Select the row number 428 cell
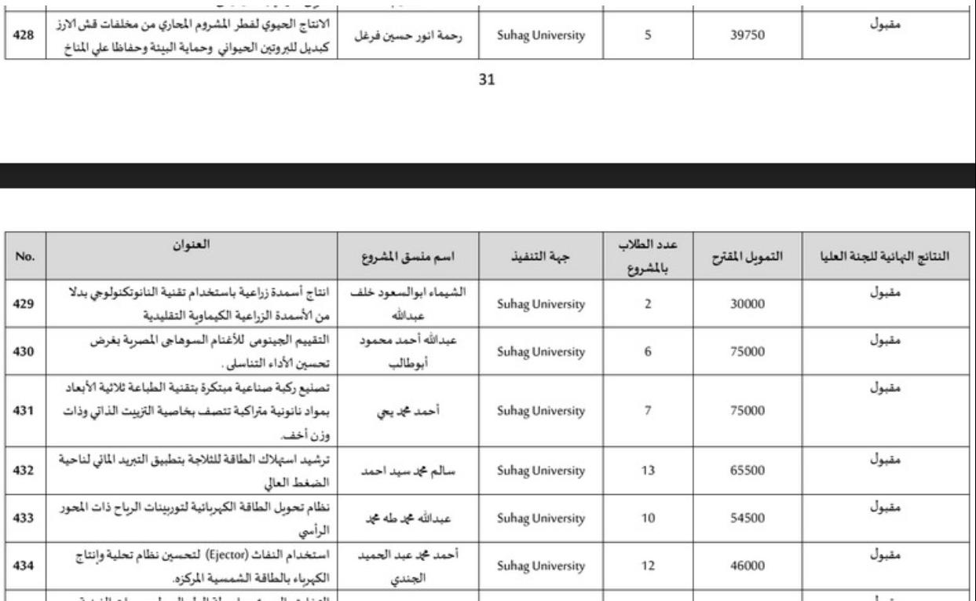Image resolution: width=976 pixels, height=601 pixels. pyautogui.click(x=23, y=35)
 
